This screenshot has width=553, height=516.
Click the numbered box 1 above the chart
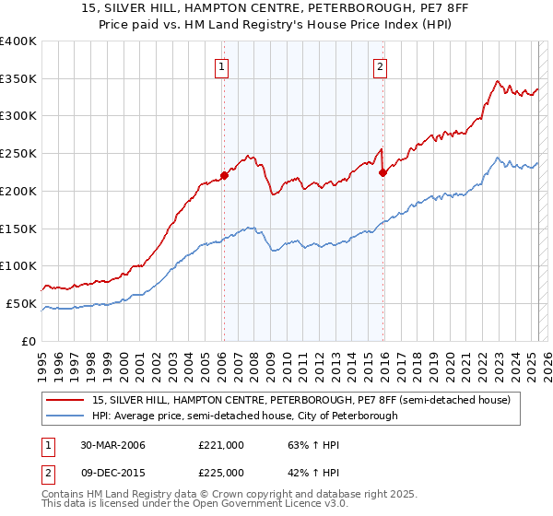[x=223, y=65]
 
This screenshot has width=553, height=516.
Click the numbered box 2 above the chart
[x=380, y=65]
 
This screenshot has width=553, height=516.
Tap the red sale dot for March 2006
[x=224, y=174]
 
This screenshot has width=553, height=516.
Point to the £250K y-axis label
[x=19, y=153]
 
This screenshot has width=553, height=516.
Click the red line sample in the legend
[x=65, y=400]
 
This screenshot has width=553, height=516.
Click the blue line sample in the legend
[x=65, y=416]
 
